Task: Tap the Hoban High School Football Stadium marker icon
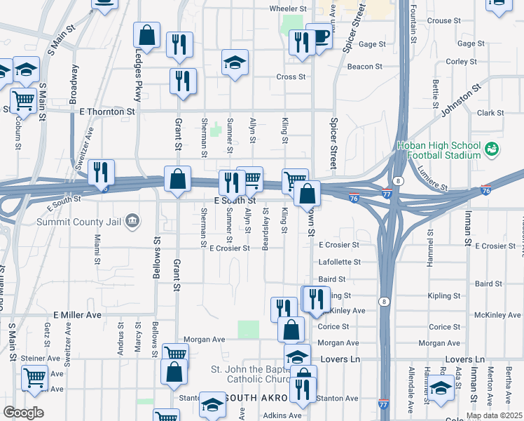492,149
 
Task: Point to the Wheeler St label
289,9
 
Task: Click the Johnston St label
462,100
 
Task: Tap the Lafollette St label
339,262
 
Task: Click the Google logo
23,413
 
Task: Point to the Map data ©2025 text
494,415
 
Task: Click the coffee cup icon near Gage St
321,38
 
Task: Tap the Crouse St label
439,21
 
